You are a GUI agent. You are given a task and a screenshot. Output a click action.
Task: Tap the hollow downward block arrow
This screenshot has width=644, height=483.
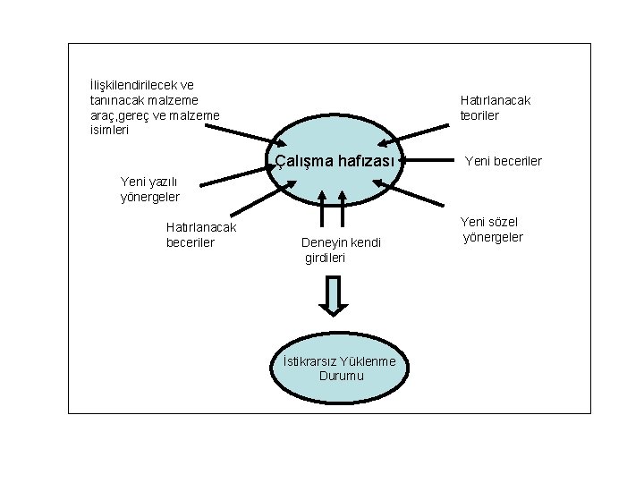tap(333, 296)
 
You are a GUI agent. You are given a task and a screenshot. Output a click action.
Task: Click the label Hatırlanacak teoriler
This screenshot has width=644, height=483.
tap(495, 107)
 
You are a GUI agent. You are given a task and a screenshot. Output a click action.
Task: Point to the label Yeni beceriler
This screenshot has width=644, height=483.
tap(503, 162)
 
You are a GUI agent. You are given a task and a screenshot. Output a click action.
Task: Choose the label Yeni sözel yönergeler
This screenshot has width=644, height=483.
tap(492, 230)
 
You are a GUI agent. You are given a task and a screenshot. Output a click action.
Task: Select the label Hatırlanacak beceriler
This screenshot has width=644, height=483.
tap(201, 234)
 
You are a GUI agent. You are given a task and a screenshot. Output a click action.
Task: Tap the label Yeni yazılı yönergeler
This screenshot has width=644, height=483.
tap(150, 189)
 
